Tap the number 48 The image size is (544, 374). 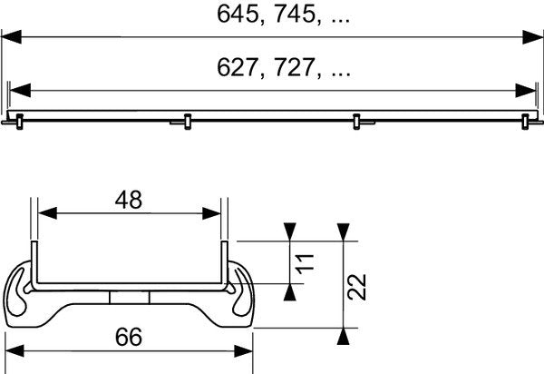pos(129,200)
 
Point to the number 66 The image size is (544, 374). pos(130,337)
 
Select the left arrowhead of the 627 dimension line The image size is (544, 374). pos(20,90)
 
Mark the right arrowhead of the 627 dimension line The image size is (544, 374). pos(525,90)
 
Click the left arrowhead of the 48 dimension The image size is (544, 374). pos(44,215)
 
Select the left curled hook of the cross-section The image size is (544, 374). pos(24,292)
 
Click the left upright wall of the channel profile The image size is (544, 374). pos(34,263)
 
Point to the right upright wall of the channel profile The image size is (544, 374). pos(224,263)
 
